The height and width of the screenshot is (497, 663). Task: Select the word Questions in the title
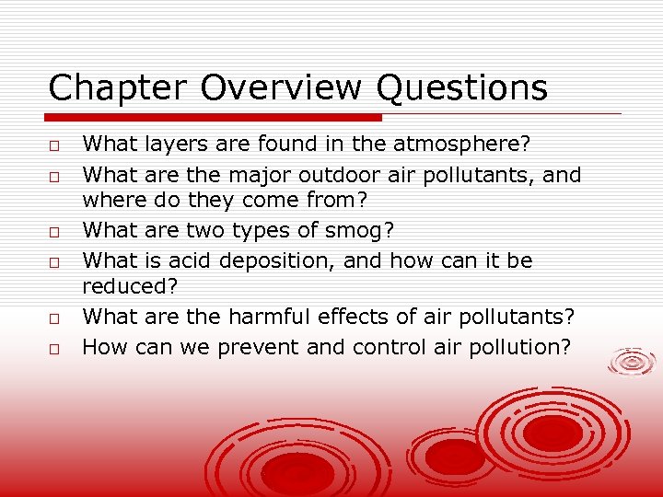tap(461, 89)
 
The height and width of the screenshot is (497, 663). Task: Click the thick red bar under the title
tap(215, 118)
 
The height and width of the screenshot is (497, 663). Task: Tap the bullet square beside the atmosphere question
tap(55, 145)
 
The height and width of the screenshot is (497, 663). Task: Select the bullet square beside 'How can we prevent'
tap(55, 350)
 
